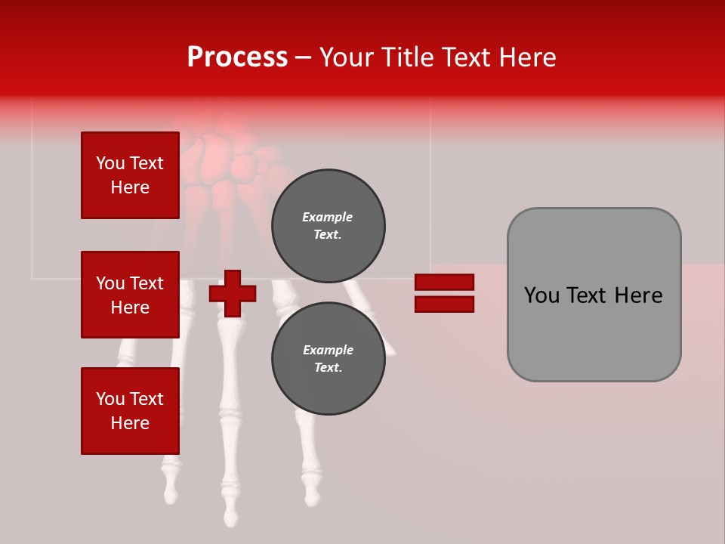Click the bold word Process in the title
237,57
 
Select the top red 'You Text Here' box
130,175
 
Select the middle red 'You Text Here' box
130,295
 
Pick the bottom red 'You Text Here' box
130,411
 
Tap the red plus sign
233,293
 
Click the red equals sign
444,293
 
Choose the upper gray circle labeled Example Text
328,226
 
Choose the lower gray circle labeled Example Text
328,358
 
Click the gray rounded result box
594,295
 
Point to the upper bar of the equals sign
444,283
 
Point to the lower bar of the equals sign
444,304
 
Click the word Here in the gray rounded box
638,295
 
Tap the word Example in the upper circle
328,218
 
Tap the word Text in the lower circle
328,368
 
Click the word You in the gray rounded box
541,295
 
